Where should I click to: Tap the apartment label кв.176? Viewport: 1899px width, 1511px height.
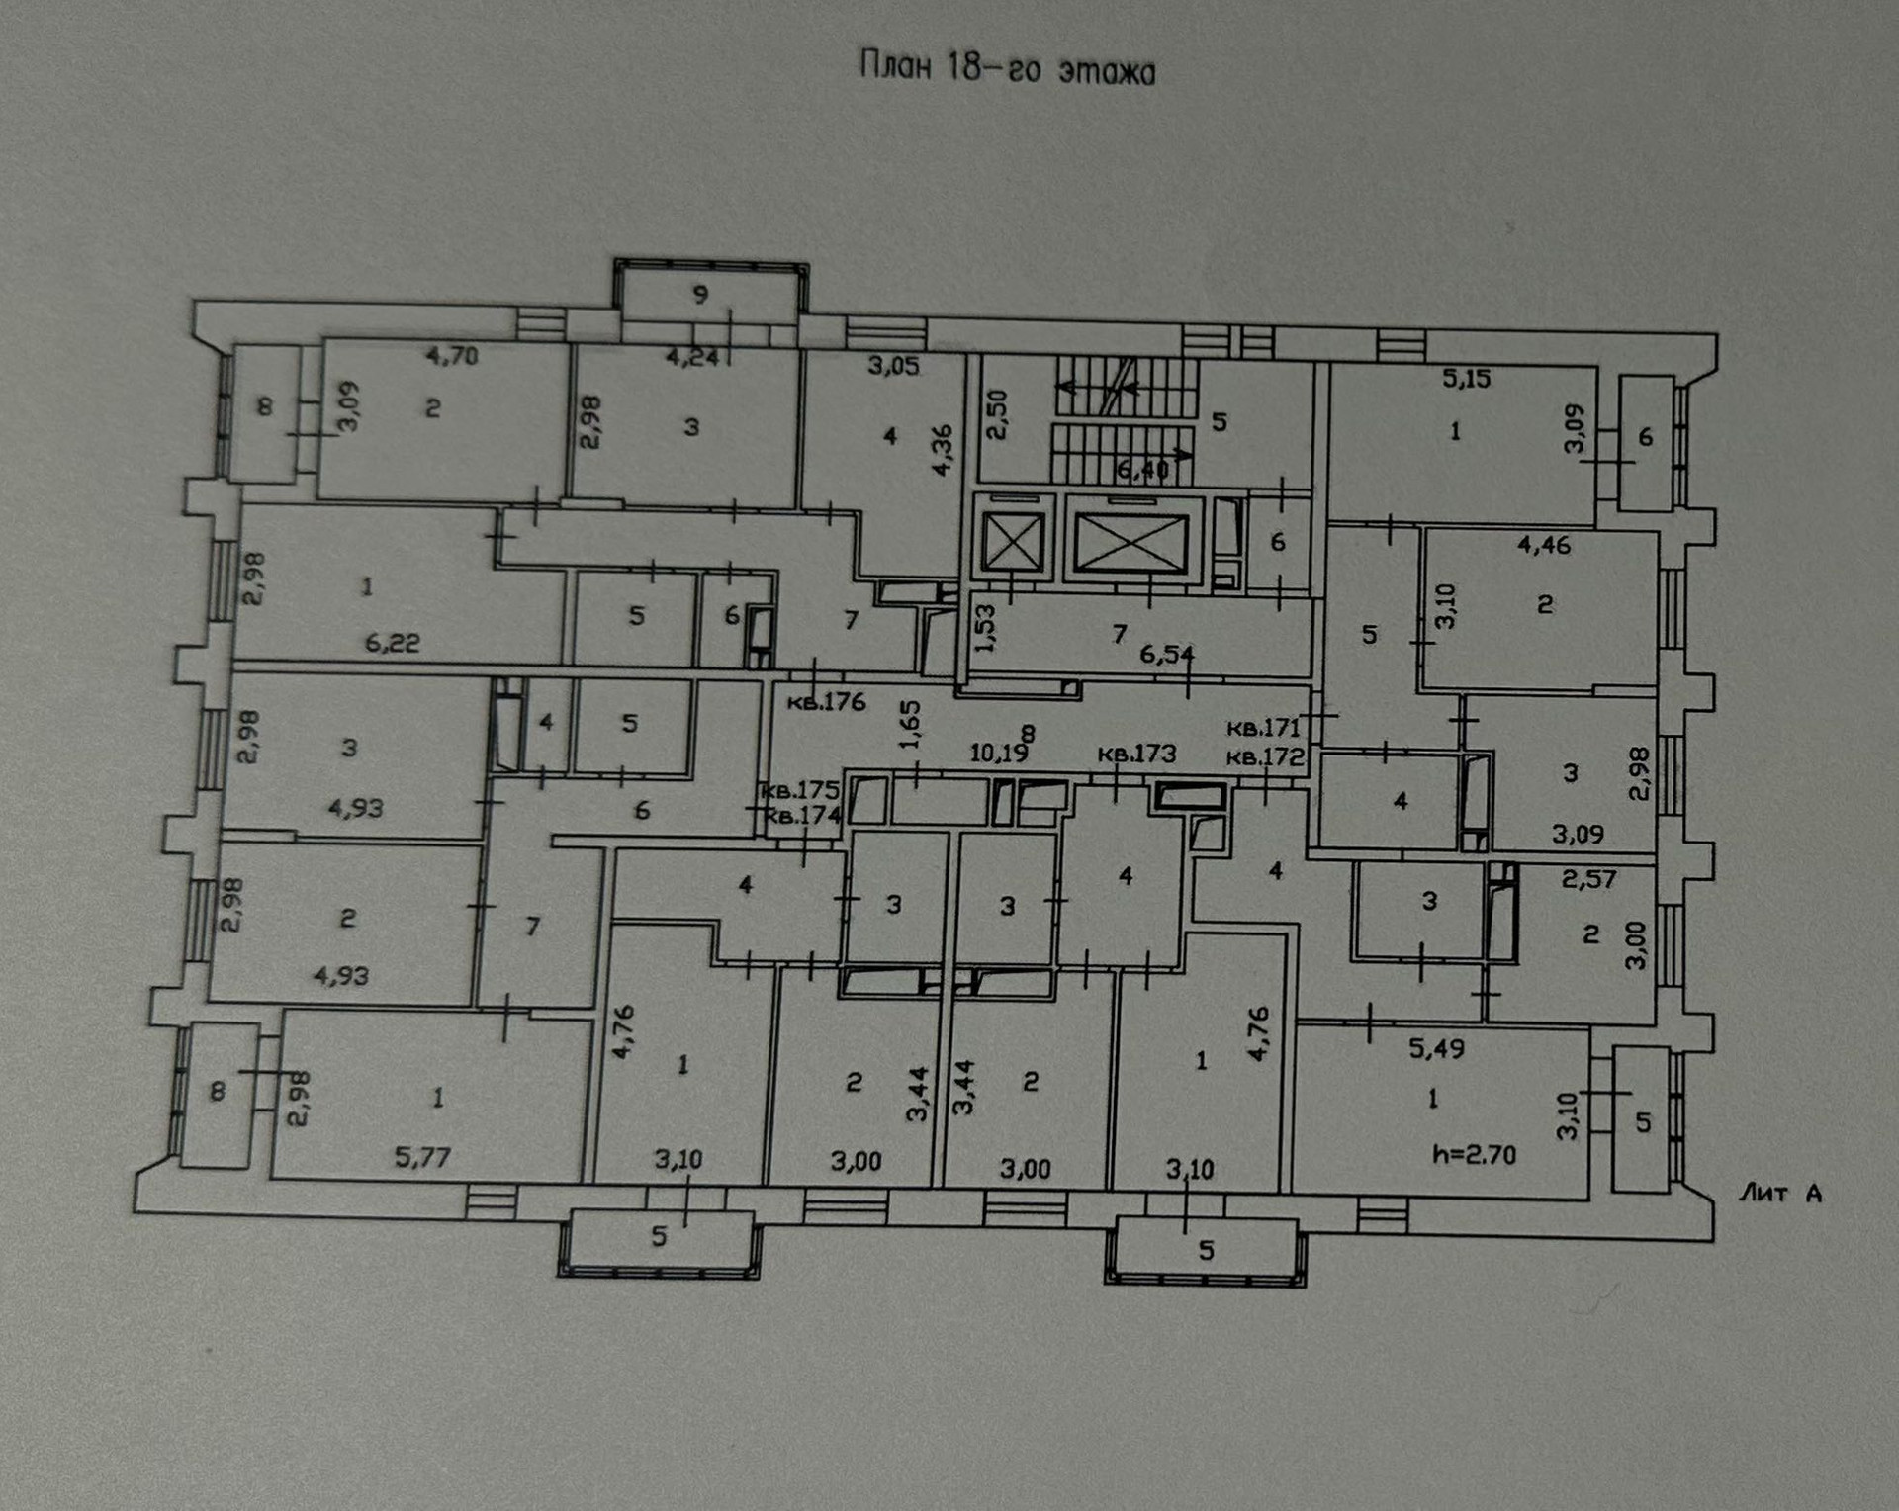[x=826, y=702]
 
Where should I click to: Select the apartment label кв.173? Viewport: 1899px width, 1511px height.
[x=1137, y=754]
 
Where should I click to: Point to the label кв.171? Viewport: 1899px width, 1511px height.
[x=1263, y=728]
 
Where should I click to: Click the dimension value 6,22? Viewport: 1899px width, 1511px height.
[x=393, y=643]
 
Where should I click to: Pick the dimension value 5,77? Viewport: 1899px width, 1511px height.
[x=422, y=1156]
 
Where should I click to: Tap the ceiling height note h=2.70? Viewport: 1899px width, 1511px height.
[x=1474, y=1154]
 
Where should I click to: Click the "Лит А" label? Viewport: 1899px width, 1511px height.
[x=1780, y=1194]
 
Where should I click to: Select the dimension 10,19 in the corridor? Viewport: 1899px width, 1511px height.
[x=999, y=754]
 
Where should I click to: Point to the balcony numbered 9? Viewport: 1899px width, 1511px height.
[x=700, y=294]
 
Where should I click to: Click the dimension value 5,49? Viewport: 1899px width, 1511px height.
[x=1436, y=1048]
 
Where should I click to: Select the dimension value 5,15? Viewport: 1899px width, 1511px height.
[x=1466, y=378]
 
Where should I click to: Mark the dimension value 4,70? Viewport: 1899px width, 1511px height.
[x=452, y=355]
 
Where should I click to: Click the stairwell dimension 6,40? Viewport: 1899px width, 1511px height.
[x=1142, y=470]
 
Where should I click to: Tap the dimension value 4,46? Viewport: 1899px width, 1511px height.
[x=1544, y=544]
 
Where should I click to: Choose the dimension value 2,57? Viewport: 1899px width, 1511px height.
[x=1588, y=878]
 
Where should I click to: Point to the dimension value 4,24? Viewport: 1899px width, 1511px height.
[x=692, y=358]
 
